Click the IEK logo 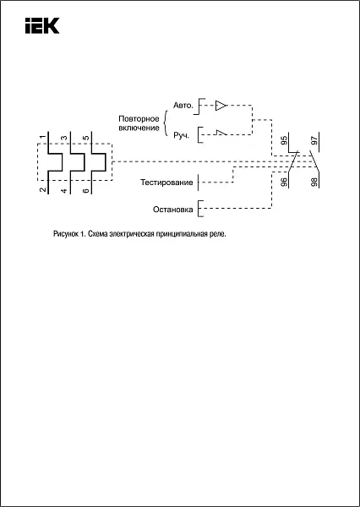42,25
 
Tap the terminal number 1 42,138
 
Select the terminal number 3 64,138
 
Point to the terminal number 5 85,138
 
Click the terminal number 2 42,190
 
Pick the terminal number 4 64,191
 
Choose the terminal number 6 85,191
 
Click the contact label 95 284,140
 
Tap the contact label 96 284,182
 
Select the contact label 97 314,140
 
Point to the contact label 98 314,182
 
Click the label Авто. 183,106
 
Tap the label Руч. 181,136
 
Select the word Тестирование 166,183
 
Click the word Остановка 173,210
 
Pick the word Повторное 139,118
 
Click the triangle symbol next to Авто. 221,106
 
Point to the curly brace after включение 166,123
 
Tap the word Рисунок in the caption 65,234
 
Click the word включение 139,128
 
